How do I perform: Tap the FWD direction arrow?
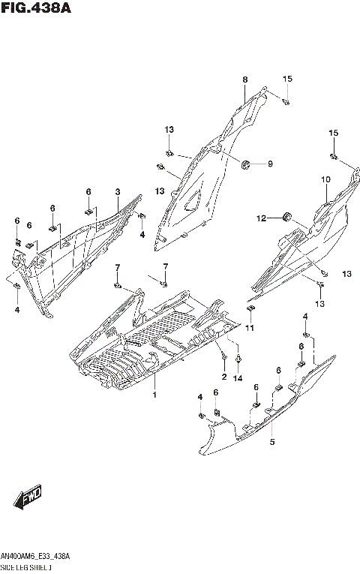click(x=29, y=496)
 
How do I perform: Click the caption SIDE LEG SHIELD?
click(x=25, y=566)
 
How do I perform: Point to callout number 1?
click(x=154, y=395)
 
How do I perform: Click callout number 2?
click(x=223, y=376)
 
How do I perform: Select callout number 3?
click(x=118, y=192)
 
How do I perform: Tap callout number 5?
click(x=272, y=443)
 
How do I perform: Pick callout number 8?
click(x=244, y=80)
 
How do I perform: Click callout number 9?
click(x=270, y=164)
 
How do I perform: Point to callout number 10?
click(x=325, y=179)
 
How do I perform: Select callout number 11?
click(x=250, y=328)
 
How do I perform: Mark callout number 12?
click(x=262, y=219)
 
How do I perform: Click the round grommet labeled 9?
click(x=246, y=164)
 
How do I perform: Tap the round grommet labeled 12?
click(x=286, y=218)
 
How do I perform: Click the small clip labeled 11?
click(x=252, y=307)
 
